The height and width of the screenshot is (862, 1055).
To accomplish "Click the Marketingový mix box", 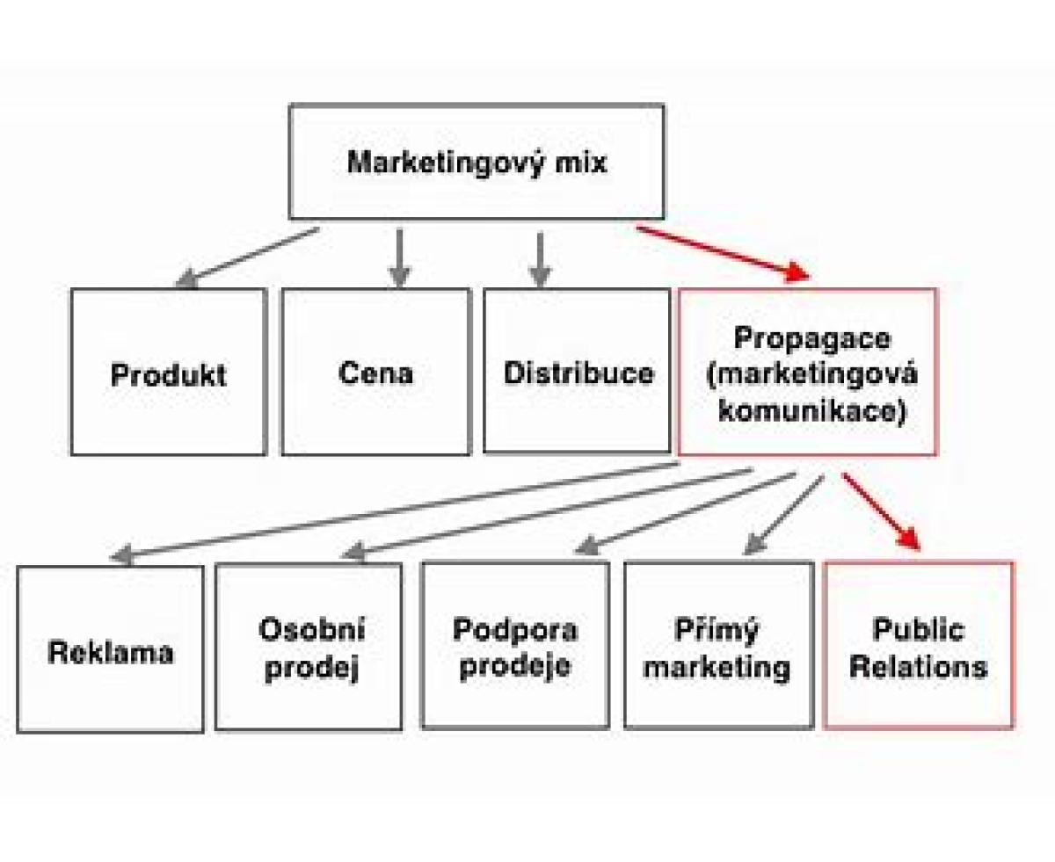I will click(477, 163).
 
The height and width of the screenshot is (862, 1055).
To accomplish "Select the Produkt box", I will click(168, 372).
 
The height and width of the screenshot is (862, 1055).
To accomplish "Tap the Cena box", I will click(375, 372).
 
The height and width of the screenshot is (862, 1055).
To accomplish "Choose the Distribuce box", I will click(577, 372).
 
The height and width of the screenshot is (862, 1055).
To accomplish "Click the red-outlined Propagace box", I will click(808, 372).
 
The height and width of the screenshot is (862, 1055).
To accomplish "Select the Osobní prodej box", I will click(309, 648).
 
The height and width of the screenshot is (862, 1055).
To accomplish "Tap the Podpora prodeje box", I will click(515, 648).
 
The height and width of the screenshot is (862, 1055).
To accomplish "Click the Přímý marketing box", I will click(717, 648).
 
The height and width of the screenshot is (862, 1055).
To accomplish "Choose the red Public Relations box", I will click(919, 648).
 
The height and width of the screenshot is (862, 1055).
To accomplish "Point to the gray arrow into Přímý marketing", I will click(784, 515).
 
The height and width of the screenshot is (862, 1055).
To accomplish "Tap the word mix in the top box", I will click(574, 163).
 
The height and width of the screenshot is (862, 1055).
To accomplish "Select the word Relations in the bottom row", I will click(919, 666).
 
